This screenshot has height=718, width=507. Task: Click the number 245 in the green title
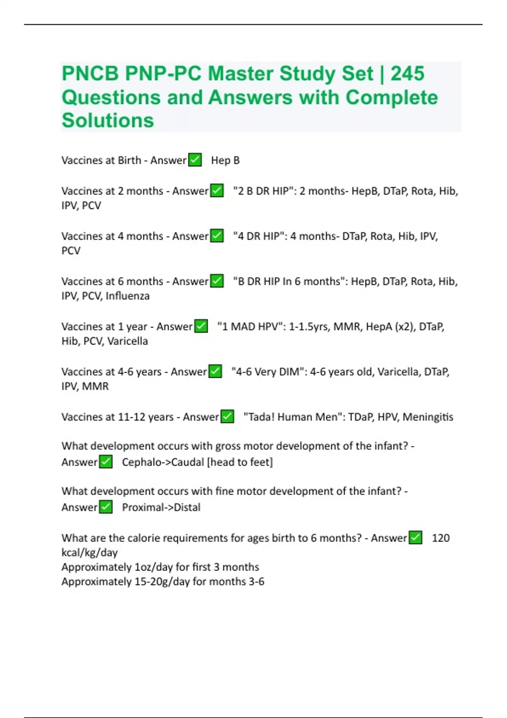(407, 74)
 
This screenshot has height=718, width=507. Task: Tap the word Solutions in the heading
(108, 120)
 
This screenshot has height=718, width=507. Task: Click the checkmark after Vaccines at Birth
(195, 160)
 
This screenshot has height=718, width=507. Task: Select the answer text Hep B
(225, 160)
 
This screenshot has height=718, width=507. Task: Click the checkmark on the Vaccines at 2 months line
(217, 190)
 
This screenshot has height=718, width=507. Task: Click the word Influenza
(127, 296)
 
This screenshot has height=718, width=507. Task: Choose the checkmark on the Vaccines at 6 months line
(217, 281)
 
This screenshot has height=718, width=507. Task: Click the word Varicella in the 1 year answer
(128, 341)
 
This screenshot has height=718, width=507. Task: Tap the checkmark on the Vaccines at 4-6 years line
(215, 371)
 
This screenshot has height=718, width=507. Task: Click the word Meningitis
(428, 417)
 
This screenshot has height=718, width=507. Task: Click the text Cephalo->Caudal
(163, 462)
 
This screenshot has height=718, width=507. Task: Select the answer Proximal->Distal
(161, 507)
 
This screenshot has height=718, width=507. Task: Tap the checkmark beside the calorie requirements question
(415, 538)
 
